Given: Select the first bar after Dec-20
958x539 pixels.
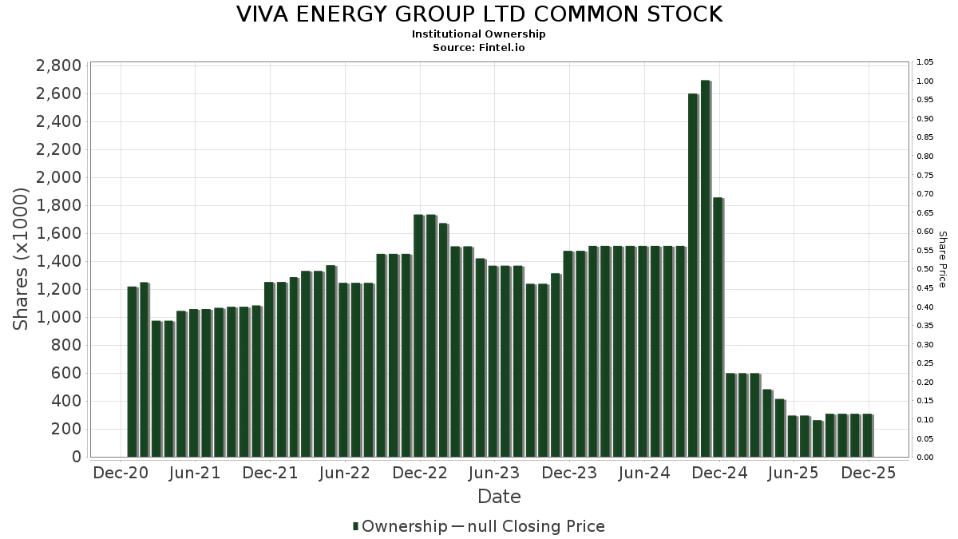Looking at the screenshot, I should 132,371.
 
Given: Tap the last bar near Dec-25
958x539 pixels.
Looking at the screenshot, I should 867,435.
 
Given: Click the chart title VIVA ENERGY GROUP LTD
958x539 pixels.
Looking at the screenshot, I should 479,14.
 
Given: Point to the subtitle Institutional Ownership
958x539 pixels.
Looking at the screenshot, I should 479,34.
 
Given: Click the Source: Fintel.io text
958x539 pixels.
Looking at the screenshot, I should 479,47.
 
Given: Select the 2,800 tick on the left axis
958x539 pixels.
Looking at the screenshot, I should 58,65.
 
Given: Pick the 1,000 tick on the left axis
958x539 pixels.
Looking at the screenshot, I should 58,317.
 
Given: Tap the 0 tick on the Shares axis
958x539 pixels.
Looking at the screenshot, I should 76,457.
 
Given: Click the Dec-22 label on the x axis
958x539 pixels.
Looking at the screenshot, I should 420,473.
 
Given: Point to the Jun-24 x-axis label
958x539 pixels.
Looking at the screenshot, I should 644,473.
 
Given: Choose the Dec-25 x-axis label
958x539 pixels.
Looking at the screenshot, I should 869,473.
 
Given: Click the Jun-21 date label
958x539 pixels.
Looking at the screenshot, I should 196,473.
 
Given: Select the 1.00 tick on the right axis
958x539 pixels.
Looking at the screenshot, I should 925,81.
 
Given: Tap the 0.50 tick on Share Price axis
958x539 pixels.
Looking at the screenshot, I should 925,269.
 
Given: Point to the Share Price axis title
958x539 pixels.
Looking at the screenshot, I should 942,260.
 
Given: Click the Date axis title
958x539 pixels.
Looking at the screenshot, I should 499,497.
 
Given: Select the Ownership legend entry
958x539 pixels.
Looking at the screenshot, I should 403,526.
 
